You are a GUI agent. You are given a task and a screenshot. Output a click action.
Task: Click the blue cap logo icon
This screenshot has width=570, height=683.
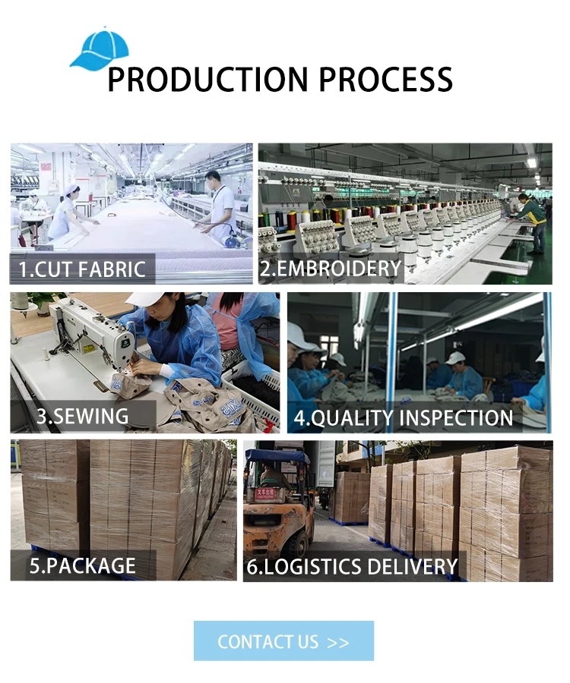pos(100,49)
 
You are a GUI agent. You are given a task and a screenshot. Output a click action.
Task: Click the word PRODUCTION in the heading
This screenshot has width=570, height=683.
pos(207,80)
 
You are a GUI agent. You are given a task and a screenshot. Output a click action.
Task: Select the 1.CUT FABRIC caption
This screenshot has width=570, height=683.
pos(82,269)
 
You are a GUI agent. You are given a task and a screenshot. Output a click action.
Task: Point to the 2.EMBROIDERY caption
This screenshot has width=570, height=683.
pos(331,269)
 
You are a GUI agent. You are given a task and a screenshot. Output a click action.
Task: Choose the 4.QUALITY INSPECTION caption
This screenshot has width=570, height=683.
pos(404,417)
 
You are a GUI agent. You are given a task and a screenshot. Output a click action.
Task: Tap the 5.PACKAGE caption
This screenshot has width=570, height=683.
pos(82,565)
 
